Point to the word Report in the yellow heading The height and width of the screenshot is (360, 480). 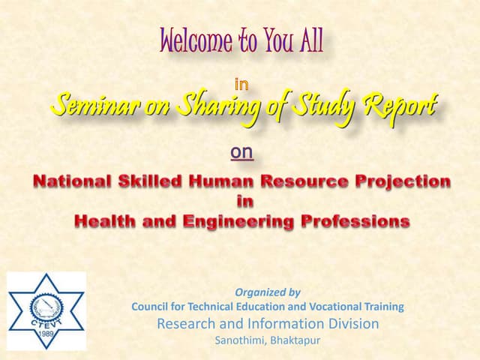398,106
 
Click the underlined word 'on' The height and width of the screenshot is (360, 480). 241,152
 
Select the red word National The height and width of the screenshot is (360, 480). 76,181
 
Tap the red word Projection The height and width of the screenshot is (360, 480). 397,181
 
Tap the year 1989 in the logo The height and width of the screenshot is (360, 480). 46,334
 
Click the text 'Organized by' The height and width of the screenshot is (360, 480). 268,292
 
